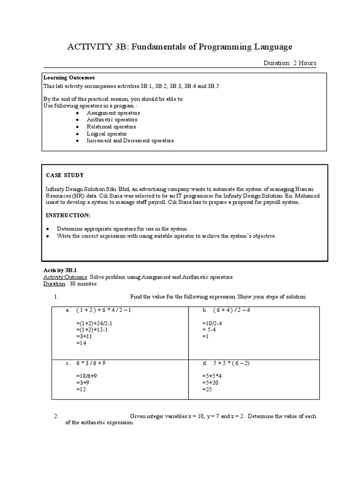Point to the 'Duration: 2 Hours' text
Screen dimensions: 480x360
pyautogui.click(x=290, y=63)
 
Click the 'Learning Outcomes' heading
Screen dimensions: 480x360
pyautogui.click(x=69, y=77)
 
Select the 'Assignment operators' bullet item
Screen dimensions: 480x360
pyautogui.click(x=113, y=113)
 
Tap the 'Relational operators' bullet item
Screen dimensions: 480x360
pyautogui.click(x=111, y=127)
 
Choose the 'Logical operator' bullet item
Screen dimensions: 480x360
pyautogui.click(x=106, y=134)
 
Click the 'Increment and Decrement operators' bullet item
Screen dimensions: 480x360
pyautogui.click(x=130, y=141)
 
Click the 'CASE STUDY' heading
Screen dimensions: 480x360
pyautogui.click(x=65, y=175)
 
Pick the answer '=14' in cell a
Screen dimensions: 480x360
pyautogui.click(x=81, y=343)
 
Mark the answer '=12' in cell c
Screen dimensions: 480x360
pyautogui.click(x=81, y=390)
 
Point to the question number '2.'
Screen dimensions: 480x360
pyautogui.click(x=56, y=416)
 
